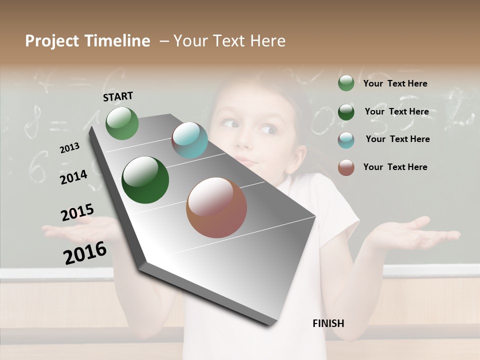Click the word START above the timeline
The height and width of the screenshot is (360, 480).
click(118, 96)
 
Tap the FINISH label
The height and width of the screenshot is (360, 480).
click(328, 323)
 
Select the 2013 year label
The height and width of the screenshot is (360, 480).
click(69, 148)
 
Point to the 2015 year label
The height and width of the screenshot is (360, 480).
click(77, 212)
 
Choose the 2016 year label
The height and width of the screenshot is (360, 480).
click(85, 252)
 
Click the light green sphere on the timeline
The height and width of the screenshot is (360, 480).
click(122, 123)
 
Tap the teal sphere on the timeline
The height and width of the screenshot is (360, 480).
click(190, 140)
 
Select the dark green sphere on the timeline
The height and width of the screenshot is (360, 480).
click(145, 180)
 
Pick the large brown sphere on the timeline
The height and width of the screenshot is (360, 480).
click(216, 207)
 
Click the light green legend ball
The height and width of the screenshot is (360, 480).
click(346, 83)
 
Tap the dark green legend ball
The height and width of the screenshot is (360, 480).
click(346, 111)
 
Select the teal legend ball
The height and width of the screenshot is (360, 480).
click(346, 139)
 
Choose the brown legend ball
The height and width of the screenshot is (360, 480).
click(346, 167)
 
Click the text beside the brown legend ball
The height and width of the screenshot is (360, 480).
click(395, 167)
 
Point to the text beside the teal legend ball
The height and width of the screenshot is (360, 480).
click(397, 139)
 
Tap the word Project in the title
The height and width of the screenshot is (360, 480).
click(51, 41)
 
